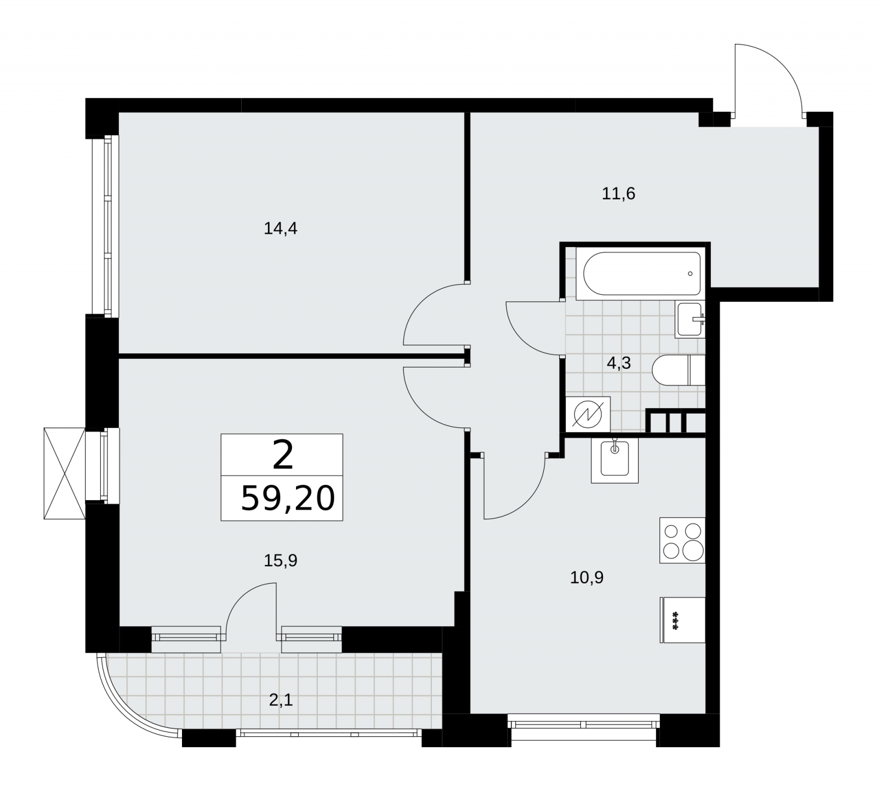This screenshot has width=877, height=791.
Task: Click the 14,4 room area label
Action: [281, 228]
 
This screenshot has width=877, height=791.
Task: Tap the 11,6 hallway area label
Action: [618, 193]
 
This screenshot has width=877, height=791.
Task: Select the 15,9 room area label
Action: [281, 560]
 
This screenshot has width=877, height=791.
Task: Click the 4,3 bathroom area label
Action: [619, 363]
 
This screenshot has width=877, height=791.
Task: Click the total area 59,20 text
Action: [288, 498]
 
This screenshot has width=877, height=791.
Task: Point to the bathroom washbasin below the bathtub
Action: [690, 320]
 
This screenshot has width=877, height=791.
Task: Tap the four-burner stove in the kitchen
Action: [682, 540]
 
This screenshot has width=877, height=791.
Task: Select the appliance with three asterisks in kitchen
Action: [682, 620]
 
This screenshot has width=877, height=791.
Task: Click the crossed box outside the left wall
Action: [65, 473]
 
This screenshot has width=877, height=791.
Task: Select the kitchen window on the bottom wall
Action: [584, 724]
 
